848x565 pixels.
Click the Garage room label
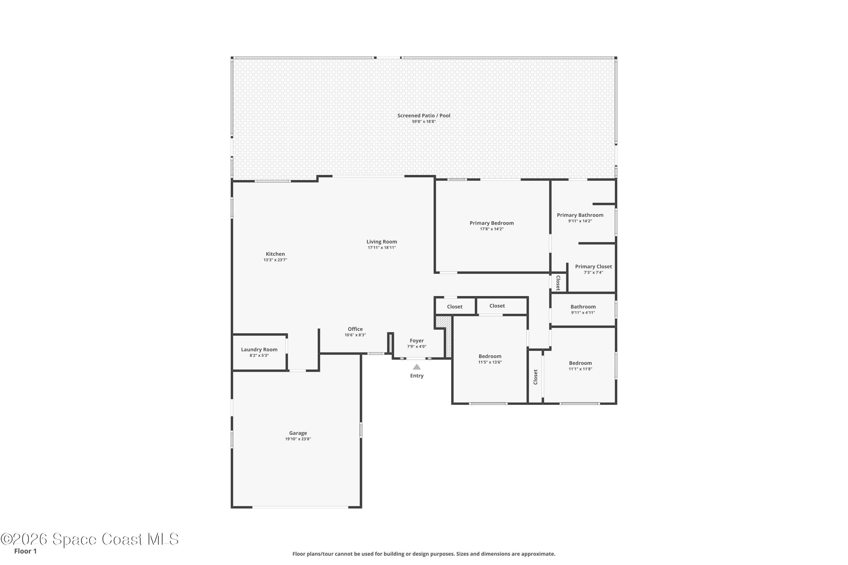pyautogui.click(x=298, y=433)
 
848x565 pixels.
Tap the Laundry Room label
pyautogui.click(x=259, y=349)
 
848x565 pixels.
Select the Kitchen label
pyautogui.click(x=275, y=254)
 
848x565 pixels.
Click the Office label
pyautogui.click(x=355, y=329)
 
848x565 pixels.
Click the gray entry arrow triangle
pyautogui.click(x=417, y=367)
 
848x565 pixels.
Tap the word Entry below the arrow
pyautogui.click(x=417, y=376)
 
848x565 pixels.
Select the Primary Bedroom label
pyautogui.click(x=492, y=223)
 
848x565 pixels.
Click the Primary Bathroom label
pyautogui.click(x=580, y=215)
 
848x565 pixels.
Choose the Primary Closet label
pyautogui.click(x=593, y=267)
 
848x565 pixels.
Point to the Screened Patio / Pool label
pyautogui.click(x=424, y=116)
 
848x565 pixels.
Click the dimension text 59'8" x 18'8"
pyautogui.click(x=424, y=122)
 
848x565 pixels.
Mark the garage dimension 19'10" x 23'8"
pyautogui.click(x=298, y=439)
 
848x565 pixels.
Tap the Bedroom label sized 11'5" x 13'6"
pyautogui.click(x=490, y=356)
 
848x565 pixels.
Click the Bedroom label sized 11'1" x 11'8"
pyautogui.click(x=581, y=363)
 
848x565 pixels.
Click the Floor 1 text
pyautogui.click(x=25, y=551)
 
